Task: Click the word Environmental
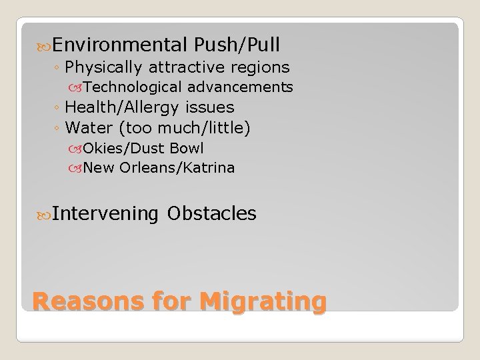click(119, 45)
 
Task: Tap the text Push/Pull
click(237, 45)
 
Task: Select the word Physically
click(108, 67)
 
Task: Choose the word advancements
click(240, 87)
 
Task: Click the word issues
click(210, 107)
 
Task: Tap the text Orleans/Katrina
click(177, 168)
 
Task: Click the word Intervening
click(105, 213)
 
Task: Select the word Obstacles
click(212, 213)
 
